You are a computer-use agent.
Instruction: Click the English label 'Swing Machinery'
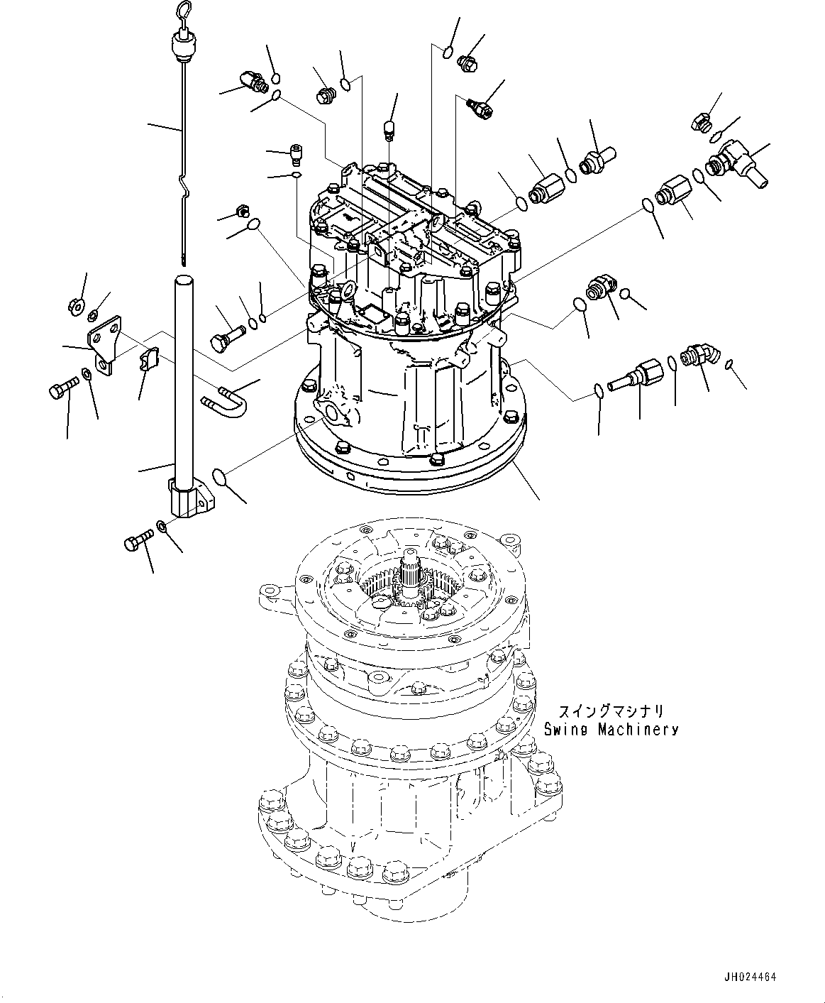coord(611,730)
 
